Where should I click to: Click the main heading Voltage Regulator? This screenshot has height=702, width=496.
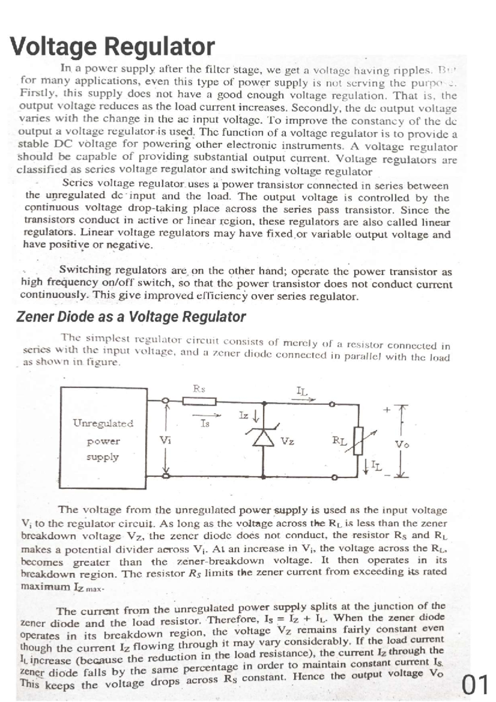pos(112,46)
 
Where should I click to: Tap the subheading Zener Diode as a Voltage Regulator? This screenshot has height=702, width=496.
pos(131,317)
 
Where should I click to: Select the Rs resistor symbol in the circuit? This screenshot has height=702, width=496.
pos(200,401)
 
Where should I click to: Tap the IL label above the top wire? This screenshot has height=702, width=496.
pos(302,391)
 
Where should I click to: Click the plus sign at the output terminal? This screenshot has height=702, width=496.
pos(386,410)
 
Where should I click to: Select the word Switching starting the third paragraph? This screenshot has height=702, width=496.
pos(86,270)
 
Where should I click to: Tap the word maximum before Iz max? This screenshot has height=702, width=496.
pos(45,587)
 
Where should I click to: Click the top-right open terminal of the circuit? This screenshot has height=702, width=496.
pos(331,405)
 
